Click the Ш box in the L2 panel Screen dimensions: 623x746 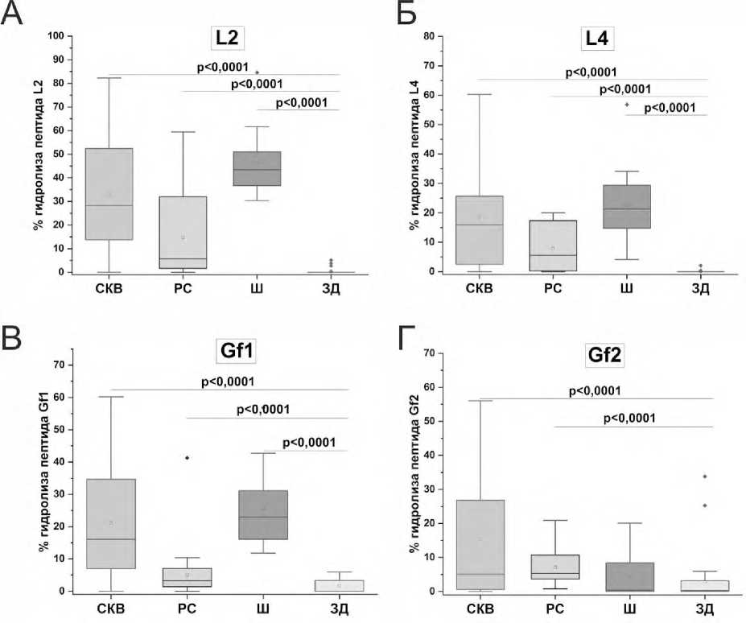258,168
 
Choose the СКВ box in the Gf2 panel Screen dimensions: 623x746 480,544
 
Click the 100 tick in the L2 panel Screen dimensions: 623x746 56,36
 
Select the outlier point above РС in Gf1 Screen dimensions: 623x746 188,458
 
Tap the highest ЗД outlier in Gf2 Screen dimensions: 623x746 704,477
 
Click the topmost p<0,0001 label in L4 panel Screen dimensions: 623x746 591,72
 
